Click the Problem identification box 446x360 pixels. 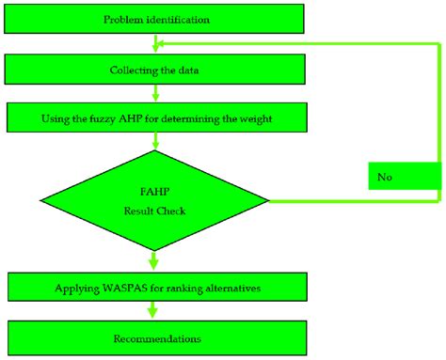point(155,19)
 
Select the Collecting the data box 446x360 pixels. point(155,69)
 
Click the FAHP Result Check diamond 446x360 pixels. point(155,199)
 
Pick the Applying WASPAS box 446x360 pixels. point(155,288)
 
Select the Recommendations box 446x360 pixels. point(155,337)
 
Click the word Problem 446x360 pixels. point(120,19)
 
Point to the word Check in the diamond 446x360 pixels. point(171,211)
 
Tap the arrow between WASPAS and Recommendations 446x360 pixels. point(155,312)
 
